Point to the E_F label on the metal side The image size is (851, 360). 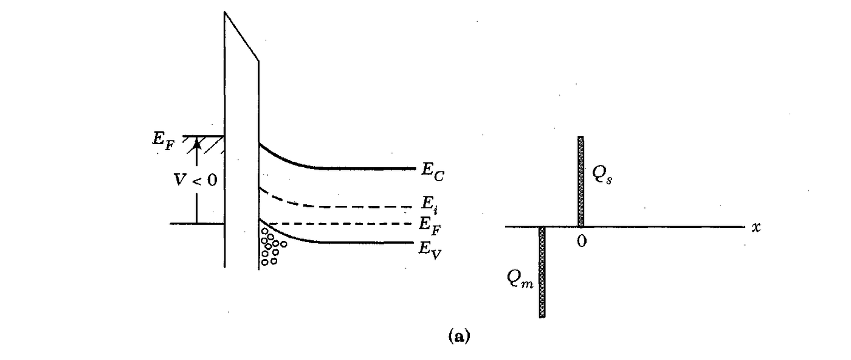click(162, 137)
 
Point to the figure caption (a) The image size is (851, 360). click(459, 335)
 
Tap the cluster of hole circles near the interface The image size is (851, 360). click(271, 246)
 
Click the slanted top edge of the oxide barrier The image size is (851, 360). click(242, 36)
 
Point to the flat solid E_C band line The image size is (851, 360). click(365, 168)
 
